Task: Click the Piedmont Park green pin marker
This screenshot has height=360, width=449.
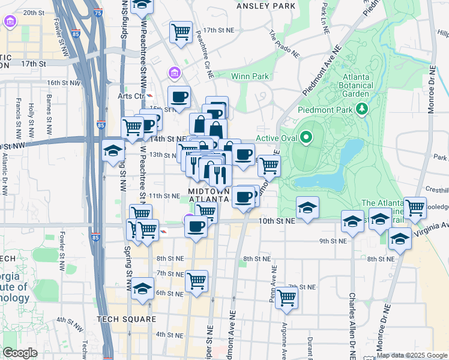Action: click(x=361, y=109)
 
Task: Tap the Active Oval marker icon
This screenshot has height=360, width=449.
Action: click(x=306, y=139)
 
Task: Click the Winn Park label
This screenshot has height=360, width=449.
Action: click(x=250, y=76)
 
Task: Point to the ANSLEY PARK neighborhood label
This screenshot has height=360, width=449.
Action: click(x=267, y=5)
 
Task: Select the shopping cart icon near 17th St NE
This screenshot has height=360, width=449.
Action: click(x=181, y=31)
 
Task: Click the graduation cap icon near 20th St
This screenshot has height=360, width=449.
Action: click(x=142, y=5)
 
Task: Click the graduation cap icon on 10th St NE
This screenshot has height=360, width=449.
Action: click(x=307, y=208)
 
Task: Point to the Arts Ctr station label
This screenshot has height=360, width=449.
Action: click(x=132, y=95)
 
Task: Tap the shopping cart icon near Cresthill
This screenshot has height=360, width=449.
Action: click(x=415, y=208)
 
